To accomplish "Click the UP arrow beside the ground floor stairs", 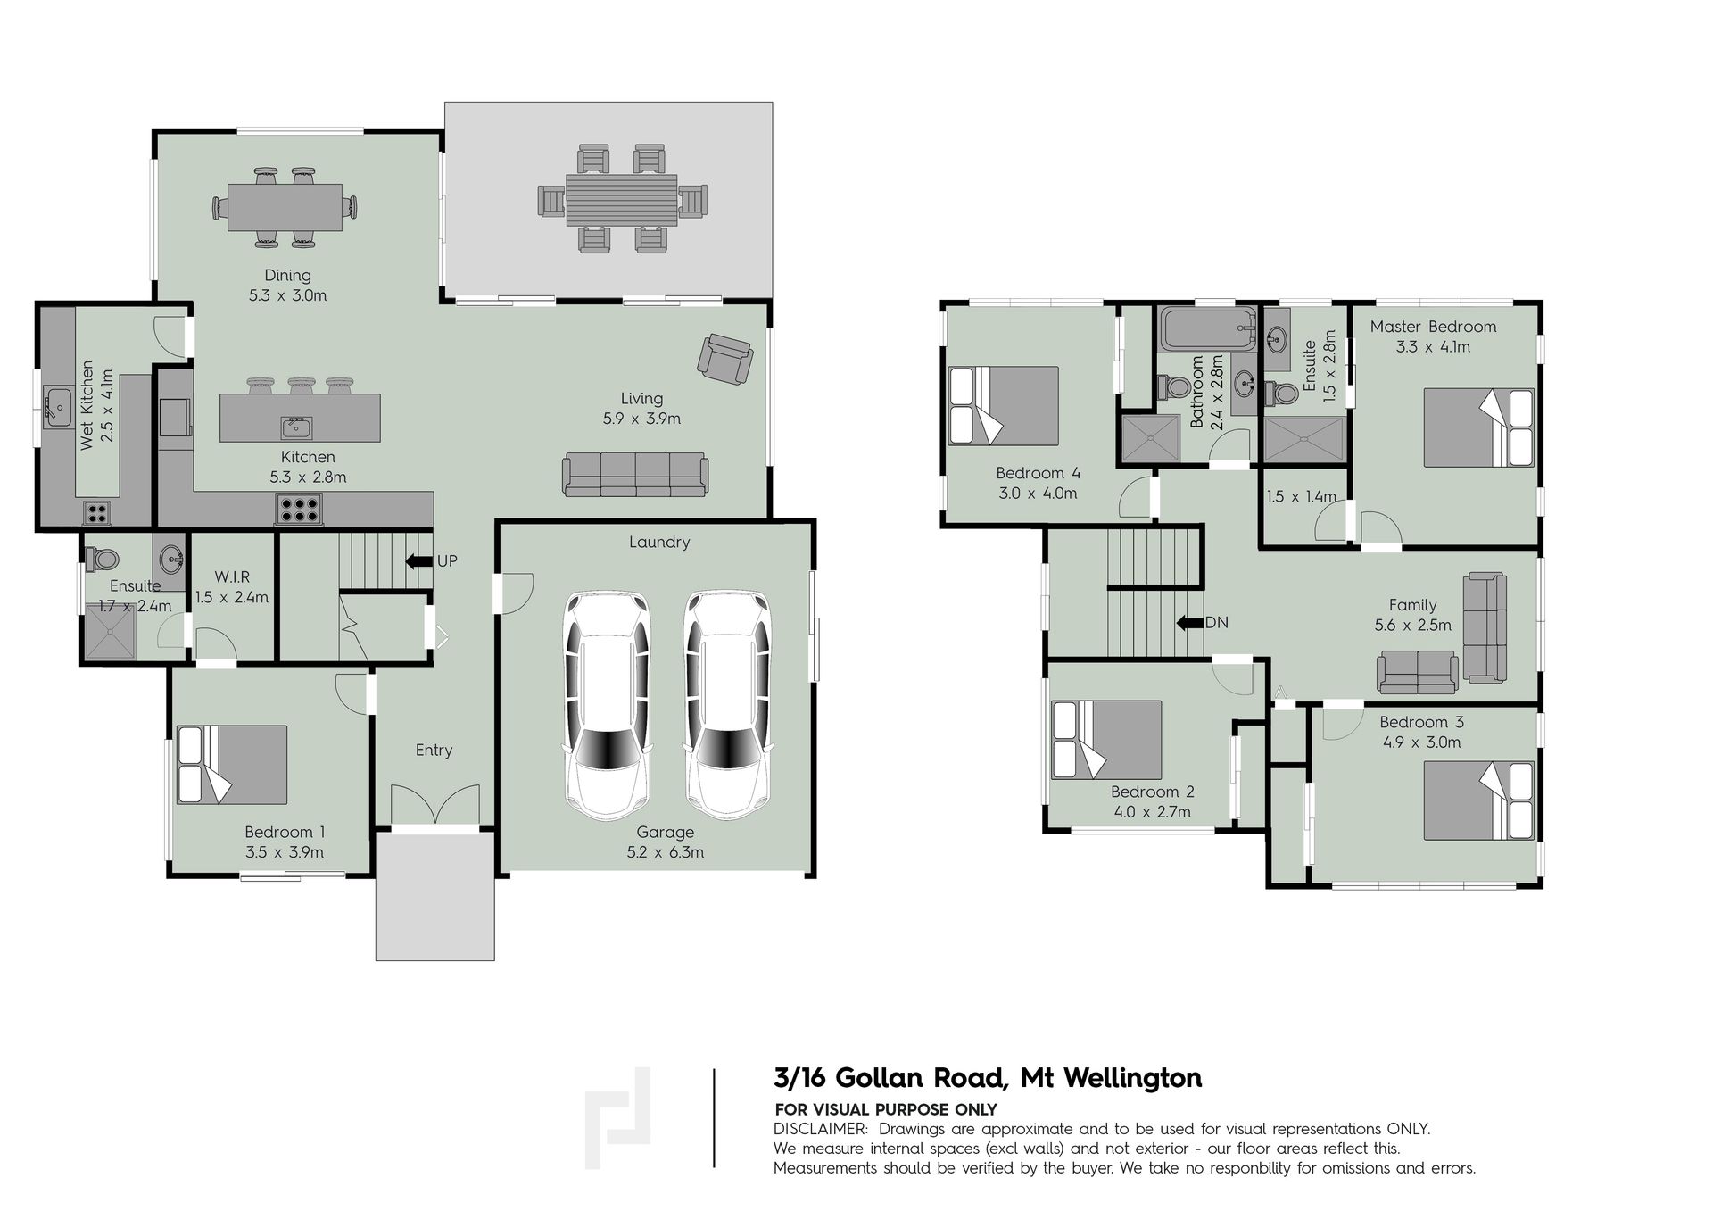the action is pyautogui.click(x=418, y=561).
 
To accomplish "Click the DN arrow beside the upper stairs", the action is pyautogui.click(x=1189, y=623).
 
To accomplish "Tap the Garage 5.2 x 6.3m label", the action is pyautogui.click(x=665, y=842).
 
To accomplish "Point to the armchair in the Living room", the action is pyautogui.click(x=724, y=359).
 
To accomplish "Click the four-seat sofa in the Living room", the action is pyautogui.click(x=635, y=474).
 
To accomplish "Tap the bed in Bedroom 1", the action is pyautogui.click(x=232, y=764).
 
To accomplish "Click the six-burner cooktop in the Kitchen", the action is pyautogui.click(x=299, y=509).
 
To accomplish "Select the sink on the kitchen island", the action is pyautogui.click(x=296, y=427).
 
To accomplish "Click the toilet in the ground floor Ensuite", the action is pyautogui.click(x=102, y=559).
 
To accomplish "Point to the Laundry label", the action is pyautogui.click(x=659, y=542).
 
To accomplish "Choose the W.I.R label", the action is pyautogui.click(x=232, y=577).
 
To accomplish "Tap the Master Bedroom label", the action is pyautogui.click(x=1433, y=327).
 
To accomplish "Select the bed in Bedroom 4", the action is pyautogui.click(x=1004, y=405).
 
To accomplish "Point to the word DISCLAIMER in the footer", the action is pyautogui.click(x=820, y=1129).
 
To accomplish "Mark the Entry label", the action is pyautogui.click(x=434, y=751).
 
